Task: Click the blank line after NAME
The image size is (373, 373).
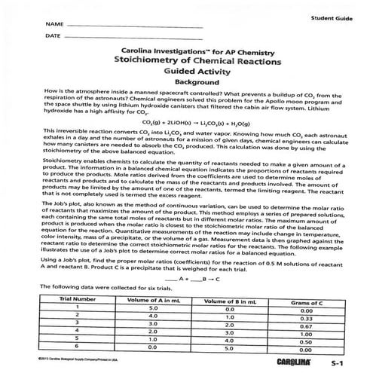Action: (x=136, y=26)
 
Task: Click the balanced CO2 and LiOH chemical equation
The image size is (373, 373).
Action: (x=188, y=143)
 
